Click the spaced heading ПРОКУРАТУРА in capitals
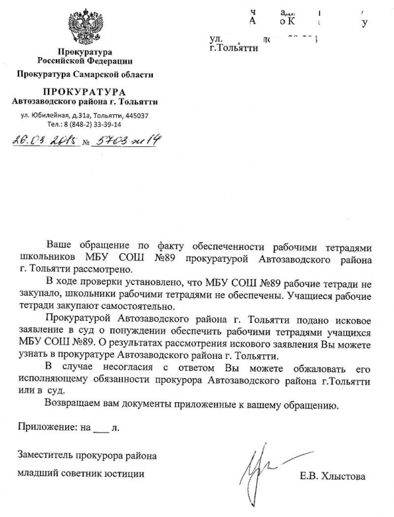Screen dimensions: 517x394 [x=84, y=90]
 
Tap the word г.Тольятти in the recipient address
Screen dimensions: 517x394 [x=230, y=49]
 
